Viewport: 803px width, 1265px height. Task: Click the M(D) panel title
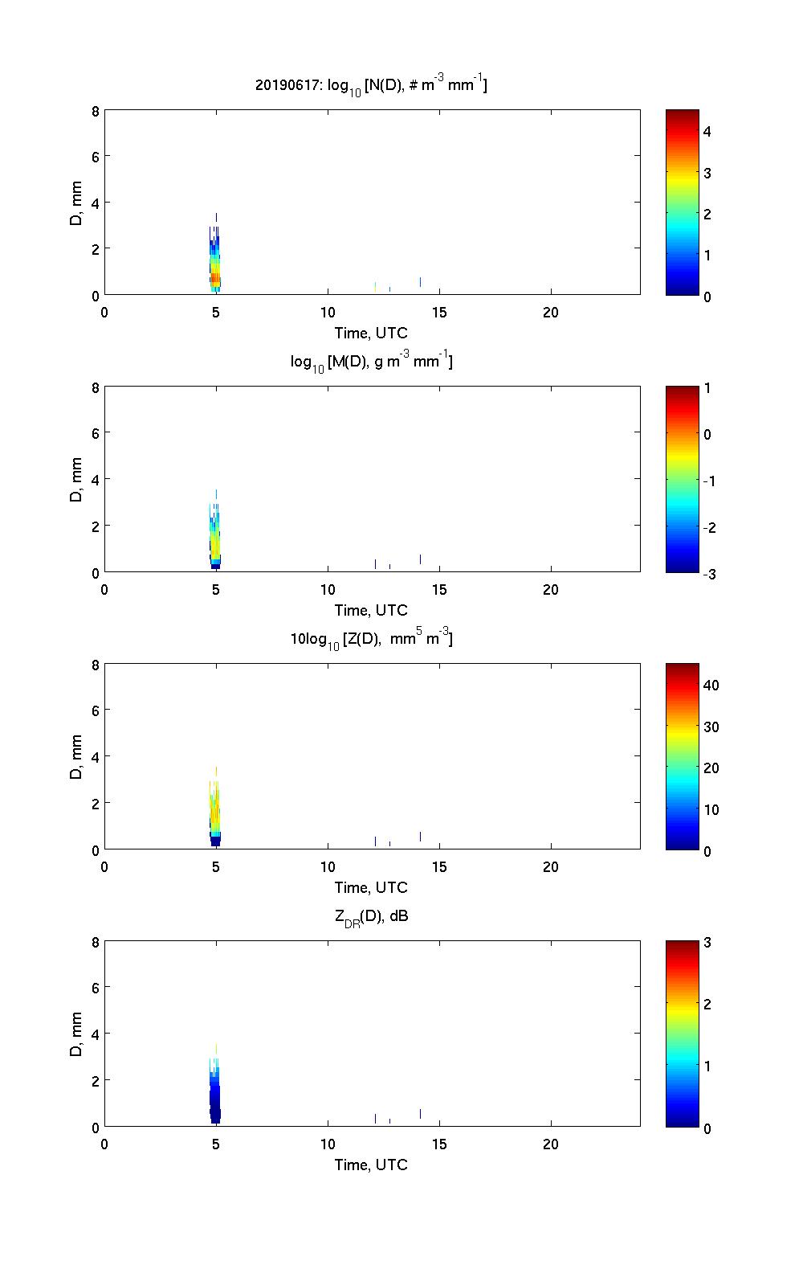(371, 362)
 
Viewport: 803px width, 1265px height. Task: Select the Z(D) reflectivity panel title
(371, 640)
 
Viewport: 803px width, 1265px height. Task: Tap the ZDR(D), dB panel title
(371, 915)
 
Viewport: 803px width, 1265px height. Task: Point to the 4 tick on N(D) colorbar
(707, 131)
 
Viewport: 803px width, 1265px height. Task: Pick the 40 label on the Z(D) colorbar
(711, 686)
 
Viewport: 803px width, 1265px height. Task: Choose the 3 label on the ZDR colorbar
(707, 943)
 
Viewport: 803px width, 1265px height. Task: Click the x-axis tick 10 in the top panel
(328, 313)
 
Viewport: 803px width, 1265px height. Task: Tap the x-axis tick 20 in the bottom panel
(551, 1144)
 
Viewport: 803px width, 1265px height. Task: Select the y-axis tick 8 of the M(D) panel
(96, 388)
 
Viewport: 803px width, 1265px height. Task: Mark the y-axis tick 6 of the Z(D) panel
(96, 711)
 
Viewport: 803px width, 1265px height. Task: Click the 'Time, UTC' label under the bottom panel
(371, 1165)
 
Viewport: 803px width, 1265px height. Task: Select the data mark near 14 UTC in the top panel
(420, 281)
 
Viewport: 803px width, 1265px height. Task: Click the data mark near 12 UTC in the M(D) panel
(375, 563)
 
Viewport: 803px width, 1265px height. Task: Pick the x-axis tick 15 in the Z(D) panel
(439, 867)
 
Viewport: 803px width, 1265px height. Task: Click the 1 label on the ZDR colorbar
(707, 1066)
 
